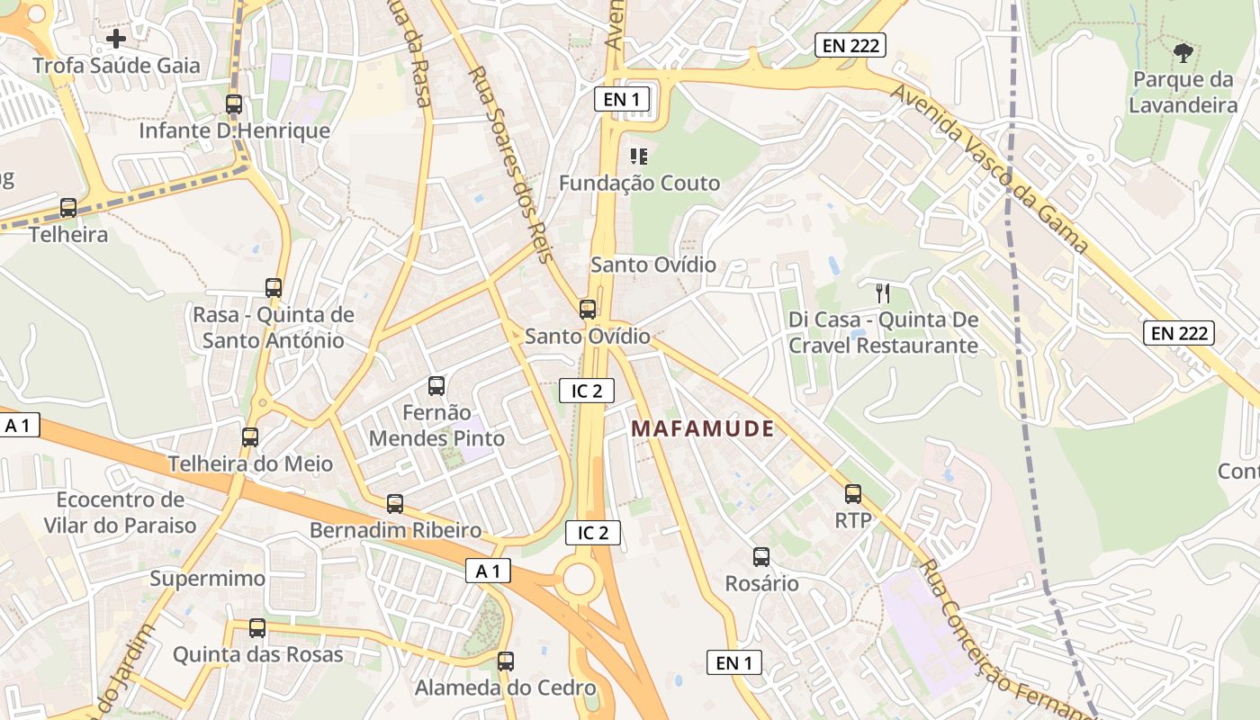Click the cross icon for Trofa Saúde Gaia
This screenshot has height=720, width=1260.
point(116,39)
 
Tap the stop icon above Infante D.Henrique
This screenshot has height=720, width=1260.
point(234,104)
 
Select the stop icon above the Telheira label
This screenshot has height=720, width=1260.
point(68,208)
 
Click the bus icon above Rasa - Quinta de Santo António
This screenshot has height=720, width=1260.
point(274,288)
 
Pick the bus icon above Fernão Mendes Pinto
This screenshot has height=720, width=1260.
point(436,386)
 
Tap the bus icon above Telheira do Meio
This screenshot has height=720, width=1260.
point(250,437)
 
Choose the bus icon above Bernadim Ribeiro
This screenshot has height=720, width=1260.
point(395,504)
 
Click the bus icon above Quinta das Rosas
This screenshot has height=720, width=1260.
point(257,628)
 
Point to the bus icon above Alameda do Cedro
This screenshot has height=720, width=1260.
point(506,661)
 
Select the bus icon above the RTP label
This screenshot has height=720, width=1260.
point(853,494)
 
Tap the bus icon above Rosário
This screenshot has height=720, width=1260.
point(761,557)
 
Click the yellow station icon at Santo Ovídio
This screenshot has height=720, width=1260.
point(588,310)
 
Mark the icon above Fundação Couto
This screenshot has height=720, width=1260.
point(639,157)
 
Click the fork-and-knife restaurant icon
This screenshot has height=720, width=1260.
point(883,292)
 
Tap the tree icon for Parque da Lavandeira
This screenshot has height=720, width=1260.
point(1183,53)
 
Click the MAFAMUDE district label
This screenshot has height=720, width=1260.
point(702,428)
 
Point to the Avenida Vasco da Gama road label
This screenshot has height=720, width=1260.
point(990,168)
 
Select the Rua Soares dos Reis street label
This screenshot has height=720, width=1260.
point(509,165)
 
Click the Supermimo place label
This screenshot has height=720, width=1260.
point(208,579)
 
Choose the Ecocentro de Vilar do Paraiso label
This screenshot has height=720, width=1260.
point(120,512)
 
